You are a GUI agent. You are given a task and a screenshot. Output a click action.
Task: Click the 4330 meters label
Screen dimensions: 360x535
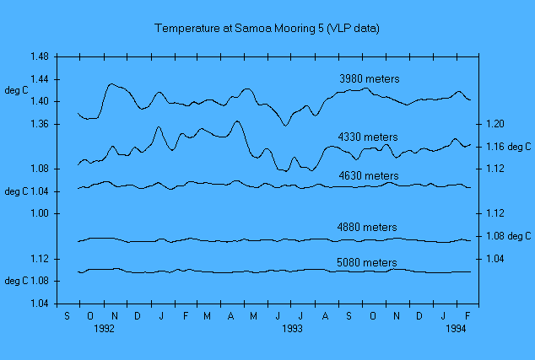click(x=367, y=137)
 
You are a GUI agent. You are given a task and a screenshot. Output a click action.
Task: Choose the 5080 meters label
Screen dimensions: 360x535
click(x=366, y=262)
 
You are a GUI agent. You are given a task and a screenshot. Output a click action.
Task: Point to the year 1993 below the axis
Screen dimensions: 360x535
click(x=292, y=328)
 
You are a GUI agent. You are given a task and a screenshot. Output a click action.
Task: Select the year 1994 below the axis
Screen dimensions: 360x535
click(x=457, y=328)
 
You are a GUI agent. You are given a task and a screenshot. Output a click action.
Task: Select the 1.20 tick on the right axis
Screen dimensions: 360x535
click(x=494, y=124)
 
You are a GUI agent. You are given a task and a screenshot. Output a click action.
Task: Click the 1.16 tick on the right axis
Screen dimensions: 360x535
click(x=494, y=147)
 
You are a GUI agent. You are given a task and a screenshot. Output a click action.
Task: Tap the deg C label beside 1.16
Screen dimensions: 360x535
click(x=519, y=147)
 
